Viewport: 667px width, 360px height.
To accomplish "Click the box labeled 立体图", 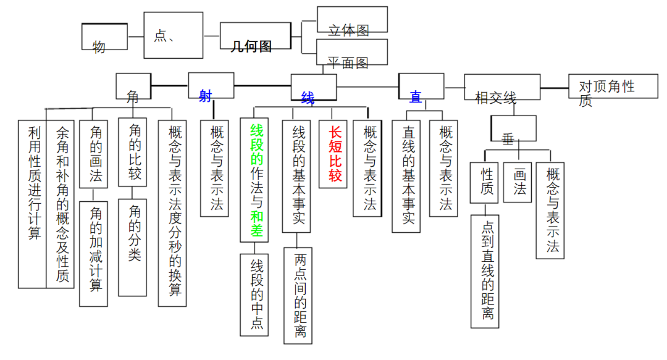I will click(x=352, y=20).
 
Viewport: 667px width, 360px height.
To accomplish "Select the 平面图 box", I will click(x=352, y=52).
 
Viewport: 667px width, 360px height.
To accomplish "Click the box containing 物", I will click(x=104, y=37).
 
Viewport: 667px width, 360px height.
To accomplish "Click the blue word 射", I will click(x=206, y=95).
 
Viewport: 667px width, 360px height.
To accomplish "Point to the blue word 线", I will click(x=308, y=98).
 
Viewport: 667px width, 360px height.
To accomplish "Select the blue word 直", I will click(x=416, y=97).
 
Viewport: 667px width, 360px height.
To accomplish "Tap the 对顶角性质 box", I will click(x=606, y=91).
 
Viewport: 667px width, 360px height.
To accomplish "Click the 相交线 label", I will click(x=496, y=97).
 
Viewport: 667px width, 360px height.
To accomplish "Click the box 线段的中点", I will click(x=257, y=294).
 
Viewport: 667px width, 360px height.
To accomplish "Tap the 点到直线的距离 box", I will click(x=488, y=270).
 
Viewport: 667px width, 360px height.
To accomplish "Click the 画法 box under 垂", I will click(x=519, y=182).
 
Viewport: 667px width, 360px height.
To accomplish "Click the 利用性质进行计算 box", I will click(x=33, y=204).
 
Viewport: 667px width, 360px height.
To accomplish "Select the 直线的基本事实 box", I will click(x=408, y=176).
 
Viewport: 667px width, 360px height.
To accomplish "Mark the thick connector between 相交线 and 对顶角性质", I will click(x=554, y=88).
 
